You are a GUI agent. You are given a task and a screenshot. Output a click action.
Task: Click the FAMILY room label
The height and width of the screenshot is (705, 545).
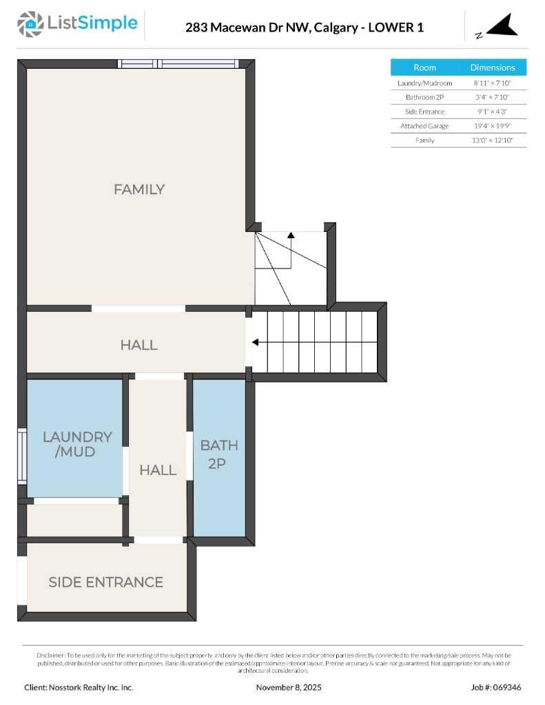(x=139, y=189)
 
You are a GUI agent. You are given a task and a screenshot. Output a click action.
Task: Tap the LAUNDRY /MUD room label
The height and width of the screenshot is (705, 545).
(x=76, y=444)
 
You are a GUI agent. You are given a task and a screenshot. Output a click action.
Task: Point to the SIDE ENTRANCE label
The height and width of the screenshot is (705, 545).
(x=105, y=582)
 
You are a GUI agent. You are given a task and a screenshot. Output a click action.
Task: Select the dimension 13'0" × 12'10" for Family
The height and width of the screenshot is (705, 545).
(x=493, y=140)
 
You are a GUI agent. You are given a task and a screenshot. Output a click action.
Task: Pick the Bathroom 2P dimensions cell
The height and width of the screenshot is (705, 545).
(x=493, y=97)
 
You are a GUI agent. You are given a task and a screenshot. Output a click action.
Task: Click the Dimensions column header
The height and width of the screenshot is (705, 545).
(x=493, y=67)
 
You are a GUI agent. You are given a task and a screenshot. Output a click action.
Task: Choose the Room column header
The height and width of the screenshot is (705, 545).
(x=424, y=67)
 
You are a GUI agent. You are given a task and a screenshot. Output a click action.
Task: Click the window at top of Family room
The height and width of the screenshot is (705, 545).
(x=178, y=64)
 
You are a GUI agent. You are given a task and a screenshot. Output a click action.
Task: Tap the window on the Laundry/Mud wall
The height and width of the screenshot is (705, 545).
(x=22, y=455)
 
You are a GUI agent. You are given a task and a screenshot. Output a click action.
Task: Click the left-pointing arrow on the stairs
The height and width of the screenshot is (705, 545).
(x=256, y=342)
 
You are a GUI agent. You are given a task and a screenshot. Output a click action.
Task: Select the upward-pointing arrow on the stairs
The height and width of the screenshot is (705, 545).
(x=291, y=235)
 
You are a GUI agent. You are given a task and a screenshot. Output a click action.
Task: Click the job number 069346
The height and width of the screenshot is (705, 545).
(x=506, y=687)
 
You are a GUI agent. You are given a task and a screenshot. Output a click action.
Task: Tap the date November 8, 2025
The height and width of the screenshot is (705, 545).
(x=289, y=687)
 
